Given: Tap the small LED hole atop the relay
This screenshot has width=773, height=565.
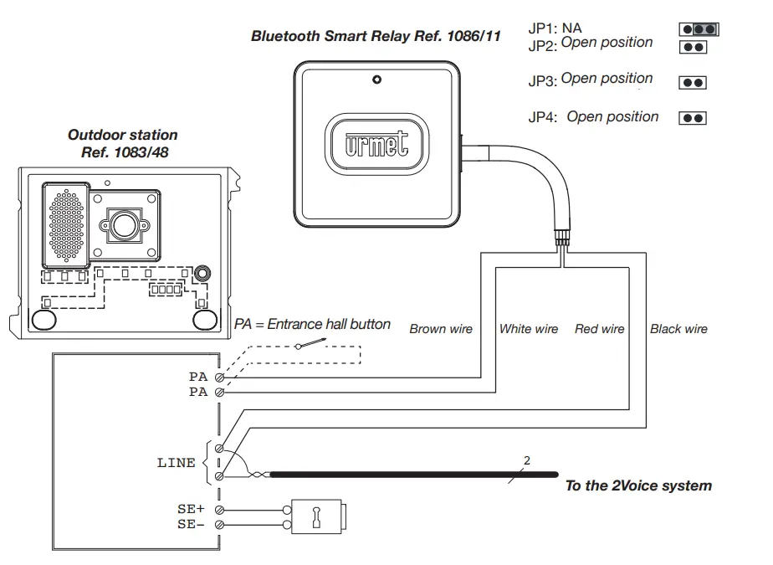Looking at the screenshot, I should pyautogui.click(x=377, y=80).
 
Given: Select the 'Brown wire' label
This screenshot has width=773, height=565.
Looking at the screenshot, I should pyautogui.click(x=441, y=329).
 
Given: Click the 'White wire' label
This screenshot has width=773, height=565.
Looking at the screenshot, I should pyautogui.click(x=528, y=329).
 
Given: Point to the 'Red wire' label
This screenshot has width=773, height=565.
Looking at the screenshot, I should pyautogui.click(x=599, y=329).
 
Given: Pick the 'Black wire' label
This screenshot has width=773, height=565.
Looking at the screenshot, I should pyautogui.click(x=678, y=329).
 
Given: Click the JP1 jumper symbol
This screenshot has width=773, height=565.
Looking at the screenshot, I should pyautogui.click(x=700, y=29).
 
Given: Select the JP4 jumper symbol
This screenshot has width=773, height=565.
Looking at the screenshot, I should pyautogui.click(x=694, y=118).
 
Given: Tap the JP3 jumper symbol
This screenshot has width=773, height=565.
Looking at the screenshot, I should pyautogui.click(x=694, y=83).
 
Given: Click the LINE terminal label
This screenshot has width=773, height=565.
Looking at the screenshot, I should pyautogui.click(x=176, y=462).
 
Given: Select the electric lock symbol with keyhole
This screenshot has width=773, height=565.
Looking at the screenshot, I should pyautogui.click(x=317, y=516).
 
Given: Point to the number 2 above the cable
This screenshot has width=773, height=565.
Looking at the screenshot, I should pyautogui.click(x=526, y=460).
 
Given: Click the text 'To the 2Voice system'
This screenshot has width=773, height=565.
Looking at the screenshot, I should pyautogui.click(x=638, y=485).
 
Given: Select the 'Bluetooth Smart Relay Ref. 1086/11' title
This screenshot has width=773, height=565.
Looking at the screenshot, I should pyautogui.click(x=376, y=38).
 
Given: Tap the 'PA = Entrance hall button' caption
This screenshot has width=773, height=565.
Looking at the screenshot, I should pyautogui.click(x=312, y=324).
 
